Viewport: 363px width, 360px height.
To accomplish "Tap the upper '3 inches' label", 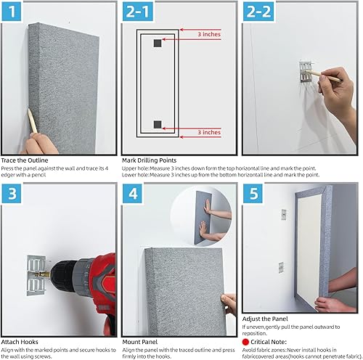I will (208, 33).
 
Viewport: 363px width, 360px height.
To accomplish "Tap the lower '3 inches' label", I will (208, 132).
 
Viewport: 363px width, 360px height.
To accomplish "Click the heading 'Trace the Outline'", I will (27, 160).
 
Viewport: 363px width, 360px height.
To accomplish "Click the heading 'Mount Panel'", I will (141, 340).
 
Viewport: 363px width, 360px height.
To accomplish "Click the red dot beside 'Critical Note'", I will (247, 340).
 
